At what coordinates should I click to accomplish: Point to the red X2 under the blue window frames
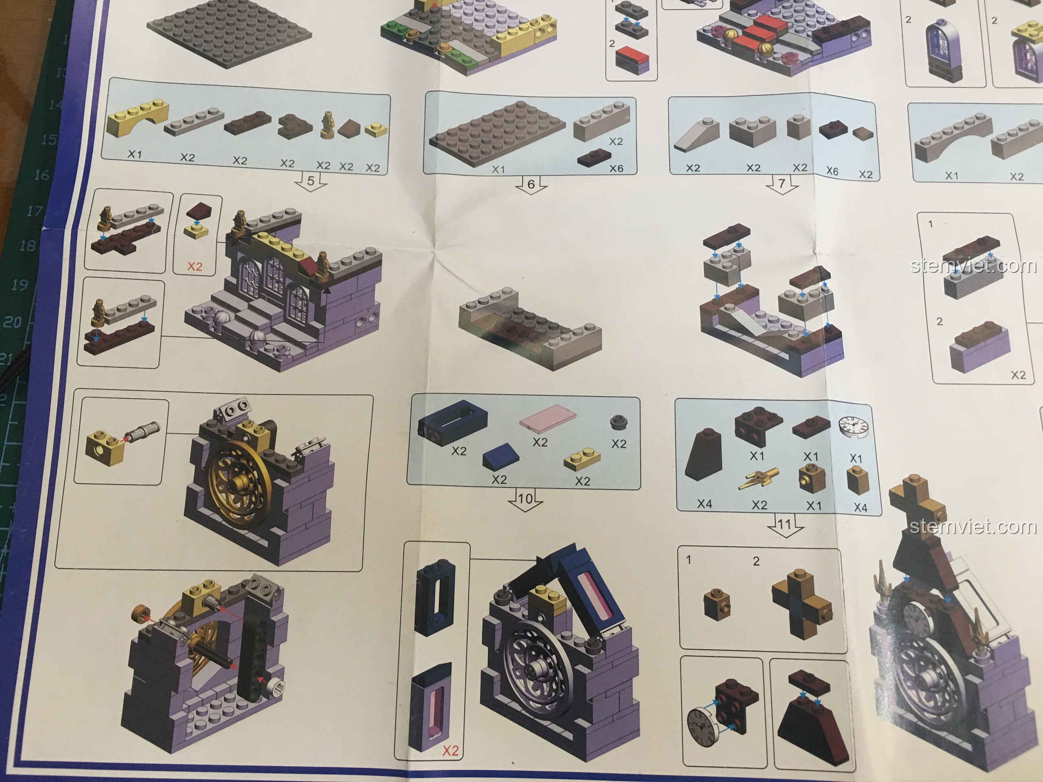tap(450, 750)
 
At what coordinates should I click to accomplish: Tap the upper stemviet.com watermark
tap(973, 266)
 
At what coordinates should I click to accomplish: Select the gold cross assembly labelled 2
tap(801, 604)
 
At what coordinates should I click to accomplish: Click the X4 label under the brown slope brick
tap(704, 504)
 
